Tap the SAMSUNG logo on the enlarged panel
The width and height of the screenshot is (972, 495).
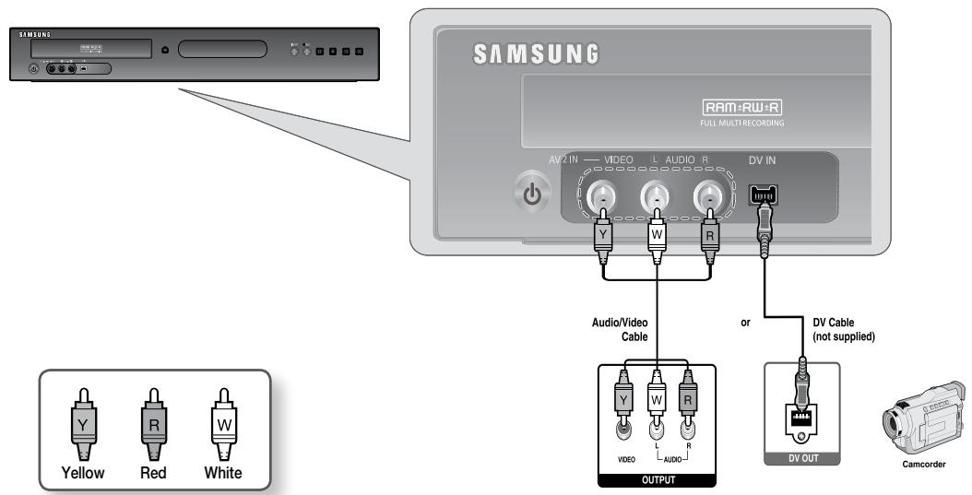coord(536,53)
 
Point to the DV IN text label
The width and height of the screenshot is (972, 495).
coord(763,158)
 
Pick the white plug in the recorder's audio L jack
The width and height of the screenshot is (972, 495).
coord(656,232)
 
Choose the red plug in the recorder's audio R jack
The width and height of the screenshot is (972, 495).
coord(709,232)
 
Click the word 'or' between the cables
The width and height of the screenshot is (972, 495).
coord(746,324)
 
